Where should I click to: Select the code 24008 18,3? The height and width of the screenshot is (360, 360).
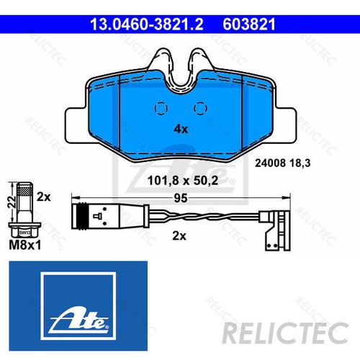click(282, 163)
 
